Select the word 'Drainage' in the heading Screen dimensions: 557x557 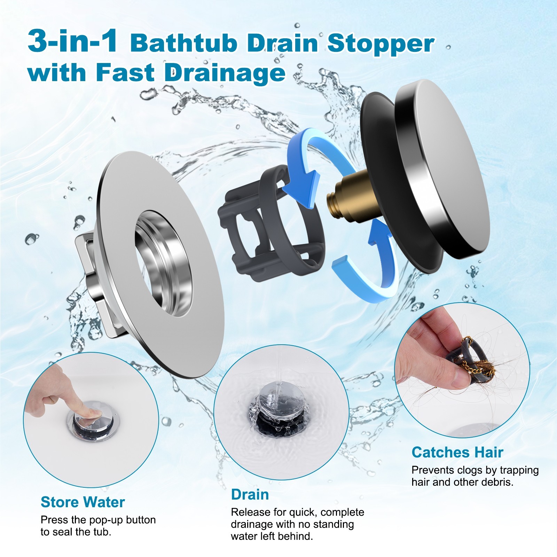225,73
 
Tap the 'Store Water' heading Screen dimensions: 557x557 83,502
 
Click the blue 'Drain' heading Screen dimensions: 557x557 250,495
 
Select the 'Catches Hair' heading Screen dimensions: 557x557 457,453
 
